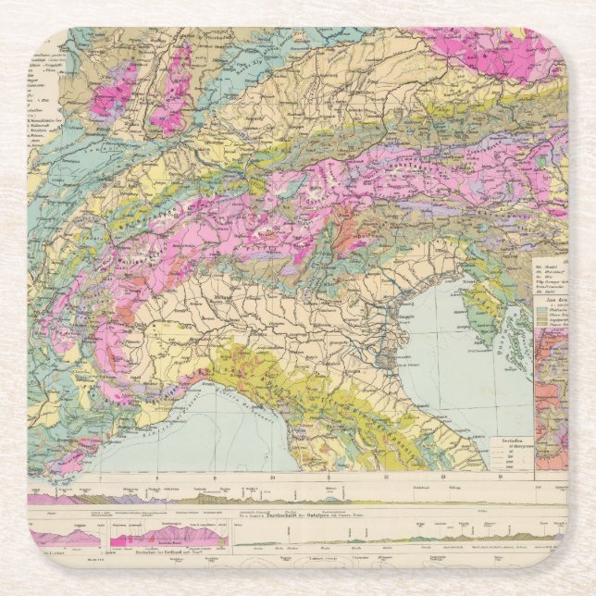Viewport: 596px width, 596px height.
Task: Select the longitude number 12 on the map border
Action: coord(382,478)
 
